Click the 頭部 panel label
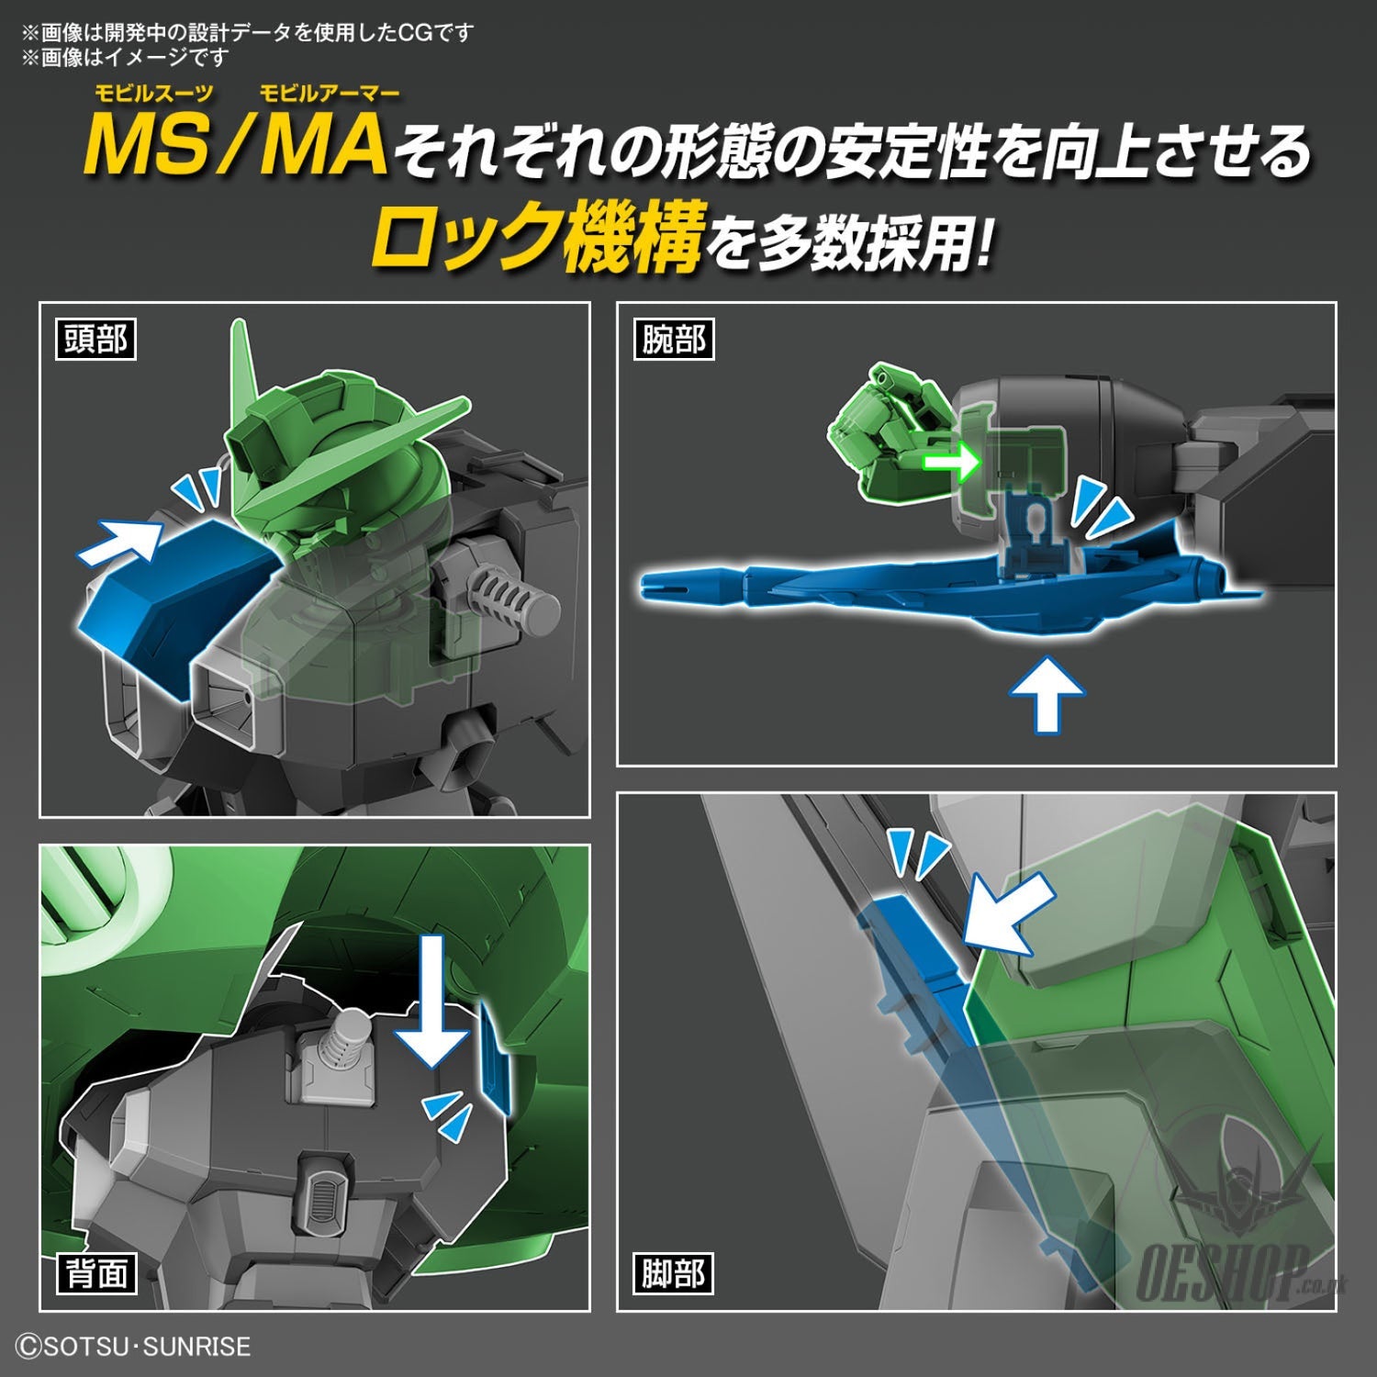pyautogui.click(x=95, y=340)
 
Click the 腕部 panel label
pyautogui.click(x=673, y=340)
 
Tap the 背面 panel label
pyautogui.click(x=95, y=1273)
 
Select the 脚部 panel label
pyautogui.click(x=673, y=1273)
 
